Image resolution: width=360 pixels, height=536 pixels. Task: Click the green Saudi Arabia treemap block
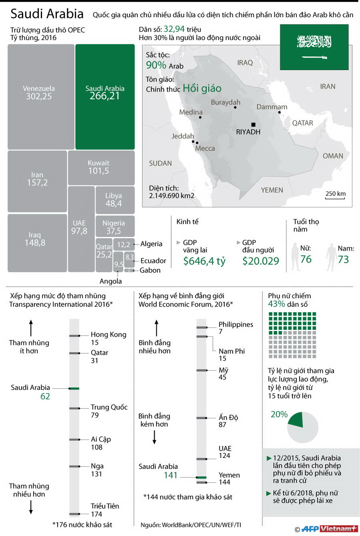click(x=105, y=96)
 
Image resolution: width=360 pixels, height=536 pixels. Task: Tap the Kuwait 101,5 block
click(x=101, y=168)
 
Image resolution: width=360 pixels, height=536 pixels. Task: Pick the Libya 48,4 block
click(x=115, y=200)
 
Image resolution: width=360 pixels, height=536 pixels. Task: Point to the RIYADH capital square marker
click(x=253, y=125)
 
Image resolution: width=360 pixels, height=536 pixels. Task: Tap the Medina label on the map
click(x=190, y=112)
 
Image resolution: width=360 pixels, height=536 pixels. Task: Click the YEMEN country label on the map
click(x=272, y=190)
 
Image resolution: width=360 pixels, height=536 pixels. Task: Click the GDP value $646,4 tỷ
click(x=204, y=261)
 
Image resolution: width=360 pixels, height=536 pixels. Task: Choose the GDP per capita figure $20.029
click(x=260, y=261)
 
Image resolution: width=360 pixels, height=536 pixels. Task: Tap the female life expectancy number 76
click(x=306, y=259)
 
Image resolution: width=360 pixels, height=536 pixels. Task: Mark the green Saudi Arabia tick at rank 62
click(x=74, y=388)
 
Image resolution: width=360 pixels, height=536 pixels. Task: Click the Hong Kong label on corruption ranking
click(x=108, y=334)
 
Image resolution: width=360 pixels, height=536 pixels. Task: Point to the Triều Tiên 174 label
click(x=104, y=510)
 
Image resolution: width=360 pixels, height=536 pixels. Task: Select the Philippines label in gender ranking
click(x=236, y=324)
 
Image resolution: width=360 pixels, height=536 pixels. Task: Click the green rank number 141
click(x=170, y=475)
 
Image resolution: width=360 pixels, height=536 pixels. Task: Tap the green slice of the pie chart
click(x=296, y=420)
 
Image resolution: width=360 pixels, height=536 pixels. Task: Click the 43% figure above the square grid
click(x=276, y=304)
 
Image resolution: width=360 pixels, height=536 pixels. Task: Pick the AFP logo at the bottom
click(x=310, y=529)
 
